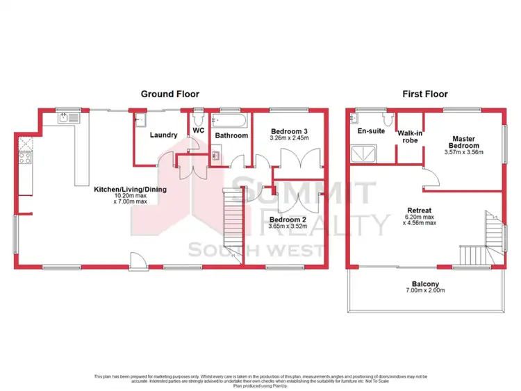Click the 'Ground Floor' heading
[x=170, y=94]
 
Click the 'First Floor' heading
[x=424, y=94]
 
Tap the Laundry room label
[x=164, y=135]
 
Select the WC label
[x=198, y=130]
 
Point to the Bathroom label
[x=231, y=135]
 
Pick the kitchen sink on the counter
[x=68, y=118]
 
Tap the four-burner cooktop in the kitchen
[x=25, y=158]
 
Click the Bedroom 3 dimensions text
[x=290, y=138]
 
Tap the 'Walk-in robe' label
[x=409, y=136]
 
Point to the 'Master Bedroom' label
[x=463, y=142]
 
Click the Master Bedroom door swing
[x=429, y=177]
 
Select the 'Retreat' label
[x=420, y=210]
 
